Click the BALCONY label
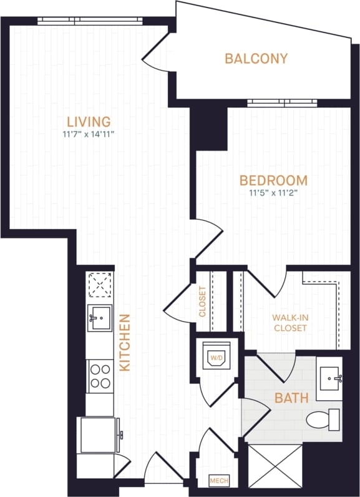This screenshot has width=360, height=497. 256,59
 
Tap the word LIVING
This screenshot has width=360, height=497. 89,121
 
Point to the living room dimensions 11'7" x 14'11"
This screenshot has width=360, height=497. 89,134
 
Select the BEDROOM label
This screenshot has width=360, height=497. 273,181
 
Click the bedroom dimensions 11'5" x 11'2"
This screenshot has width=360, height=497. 273,193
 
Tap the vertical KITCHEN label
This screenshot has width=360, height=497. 125,343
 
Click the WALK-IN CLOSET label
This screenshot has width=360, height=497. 289,322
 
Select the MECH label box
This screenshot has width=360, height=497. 217,481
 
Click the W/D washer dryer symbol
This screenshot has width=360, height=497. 216,358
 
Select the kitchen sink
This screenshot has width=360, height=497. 99,318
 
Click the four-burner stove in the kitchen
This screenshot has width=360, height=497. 99,376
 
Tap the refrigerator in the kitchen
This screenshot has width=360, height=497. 97,434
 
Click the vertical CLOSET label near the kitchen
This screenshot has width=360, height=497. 203,302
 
